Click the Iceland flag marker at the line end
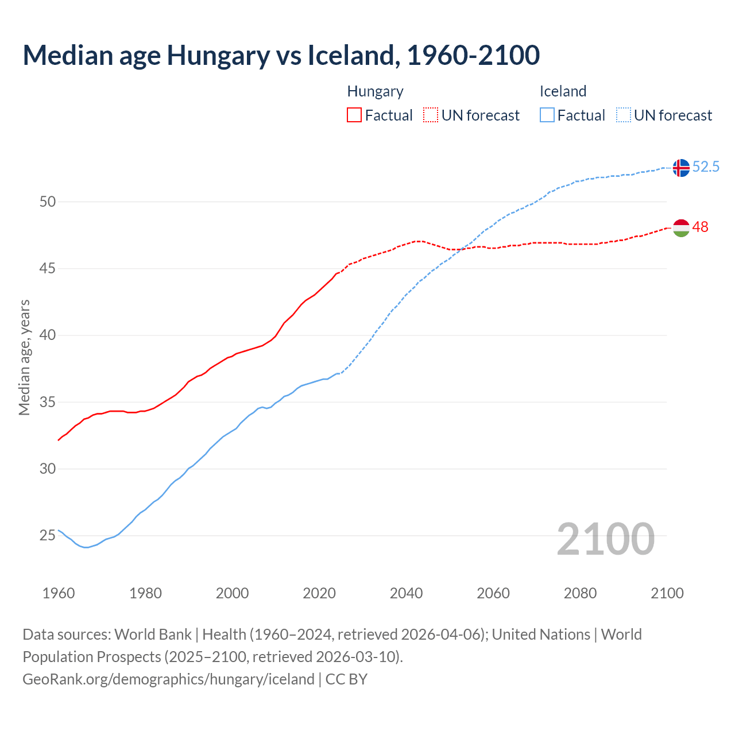[680, 168]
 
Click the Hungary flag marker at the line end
[680, 228]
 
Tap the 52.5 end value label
[706, 167]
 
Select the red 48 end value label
[700, 227]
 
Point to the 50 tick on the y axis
[48, 202]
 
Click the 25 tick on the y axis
[48, 536]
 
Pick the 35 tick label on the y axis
[48, 402]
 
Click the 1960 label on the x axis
[59, 593]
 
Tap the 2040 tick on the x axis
[406, 593]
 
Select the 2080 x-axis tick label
[580, 593]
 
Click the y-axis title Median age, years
[24, 357]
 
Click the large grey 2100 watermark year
[605, 539]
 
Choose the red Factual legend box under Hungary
[354, 115]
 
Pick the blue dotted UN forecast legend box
[623, 115]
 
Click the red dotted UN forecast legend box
[431, 115]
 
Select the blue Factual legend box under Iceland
[547, 115]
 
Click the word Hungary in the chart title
[218, 56]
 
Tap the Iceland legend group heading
[563, 91]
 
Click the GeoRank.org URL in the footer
[168, 679]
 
